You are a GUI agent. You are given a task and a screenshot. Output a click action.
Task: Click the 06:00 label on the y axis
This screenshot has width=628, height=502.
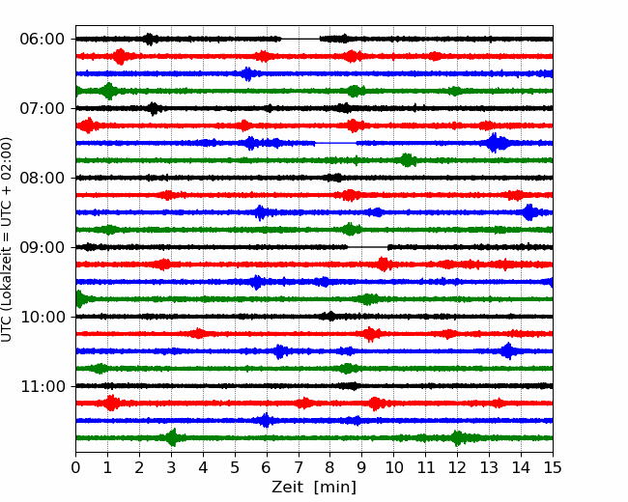[x=43, y=40]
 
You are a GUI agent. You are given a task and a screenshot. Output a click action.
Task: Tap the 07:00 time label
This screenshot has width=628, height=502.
[x=43, y=108]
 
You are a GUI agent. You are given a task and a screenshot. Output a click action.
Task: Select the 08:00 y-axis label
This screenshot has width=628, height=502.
[x=43, y=178]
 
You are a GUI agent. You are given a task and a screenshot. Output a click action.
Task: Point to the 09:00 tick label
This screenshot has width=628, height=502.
[x=43, y=247]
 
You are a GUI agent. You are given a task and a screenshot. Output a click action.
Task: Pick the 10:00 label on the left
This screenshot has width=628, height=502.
[x=43, y=317]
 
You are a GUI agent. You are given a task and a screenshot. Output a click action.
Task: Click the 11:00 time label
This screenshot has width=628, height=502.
[x=43, y=386]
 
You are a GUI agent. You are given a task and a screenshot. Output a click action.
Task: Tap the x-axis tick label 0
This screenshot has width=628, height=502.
[x=75, y=467]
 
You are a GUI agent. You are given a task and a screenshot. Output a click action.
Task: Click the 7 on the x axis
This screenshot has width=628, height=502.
[x=299, y=467]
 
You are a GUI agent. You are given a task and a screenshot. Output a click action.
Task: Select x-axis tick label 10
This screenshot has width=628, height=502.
[x=393, y=467]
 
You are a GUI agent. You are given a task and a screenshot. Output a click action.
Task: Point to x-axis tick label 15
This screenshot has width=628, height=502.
[x=553, y=467]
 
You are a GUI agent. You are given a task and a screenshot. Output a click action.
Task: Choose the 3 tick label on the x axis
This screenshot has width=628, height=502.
[x=171, y=467]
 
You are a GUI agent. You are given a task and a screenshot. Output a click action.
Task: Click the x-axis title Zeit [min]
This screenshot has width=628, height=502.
[x=314, y=488]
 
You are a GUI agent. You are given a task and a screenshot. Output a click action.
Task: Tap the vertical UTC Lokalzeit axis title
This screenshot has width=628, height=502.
[x=7, y=239]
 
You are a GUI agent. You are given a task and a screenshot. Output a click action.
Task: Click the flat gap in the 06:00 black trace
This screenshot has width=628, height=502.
[x=300, y=39]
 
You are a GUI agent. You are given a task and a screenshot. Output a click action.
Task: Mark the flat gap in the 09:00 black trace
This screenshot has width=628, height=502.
[x=368, y=247]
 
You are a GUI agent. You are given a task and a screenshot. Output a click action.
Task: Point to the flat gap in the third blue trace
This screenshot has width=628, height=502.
[x=335, y=143]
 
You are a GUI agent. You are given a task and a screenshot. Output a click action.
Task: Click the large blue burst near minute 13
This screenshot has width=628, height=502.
[x=495, y=143]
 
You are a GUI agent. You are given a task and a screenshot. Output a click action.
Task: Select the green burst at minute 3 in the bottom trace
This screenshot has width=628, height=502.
[x=173, y=437]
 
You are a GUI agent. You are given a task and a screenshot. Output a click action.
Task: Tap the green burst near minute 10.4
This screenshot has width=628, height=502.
[x=407, y=160]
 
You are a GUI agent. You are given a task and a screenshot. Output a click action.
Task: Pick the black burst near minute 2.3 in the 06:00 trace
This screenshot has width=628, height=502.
[x=150, y=39]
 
